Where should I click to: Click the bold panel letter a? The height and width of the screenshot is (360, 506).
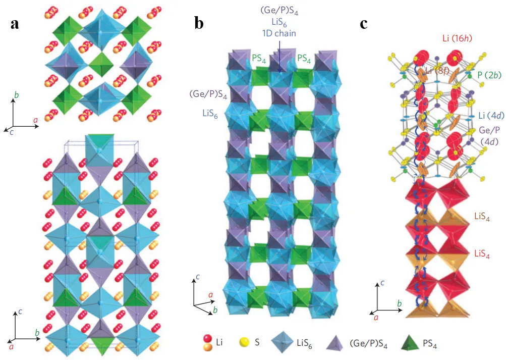(x=15, y=24)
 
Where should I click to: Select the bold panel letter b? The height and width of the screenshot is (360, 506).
(x=199, y=24)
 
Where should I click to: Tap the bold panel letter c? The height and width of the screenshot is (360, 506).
(x=364, y=24)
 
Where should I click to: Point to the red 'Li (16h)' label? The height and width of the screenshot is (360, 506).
(x=455, y=37)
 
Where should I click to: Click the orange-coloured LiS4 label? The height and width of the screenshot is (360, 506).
(x=480, y=217)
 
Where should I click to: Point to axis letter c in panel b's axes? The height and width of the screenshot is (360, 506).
(x=198, y=276)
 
